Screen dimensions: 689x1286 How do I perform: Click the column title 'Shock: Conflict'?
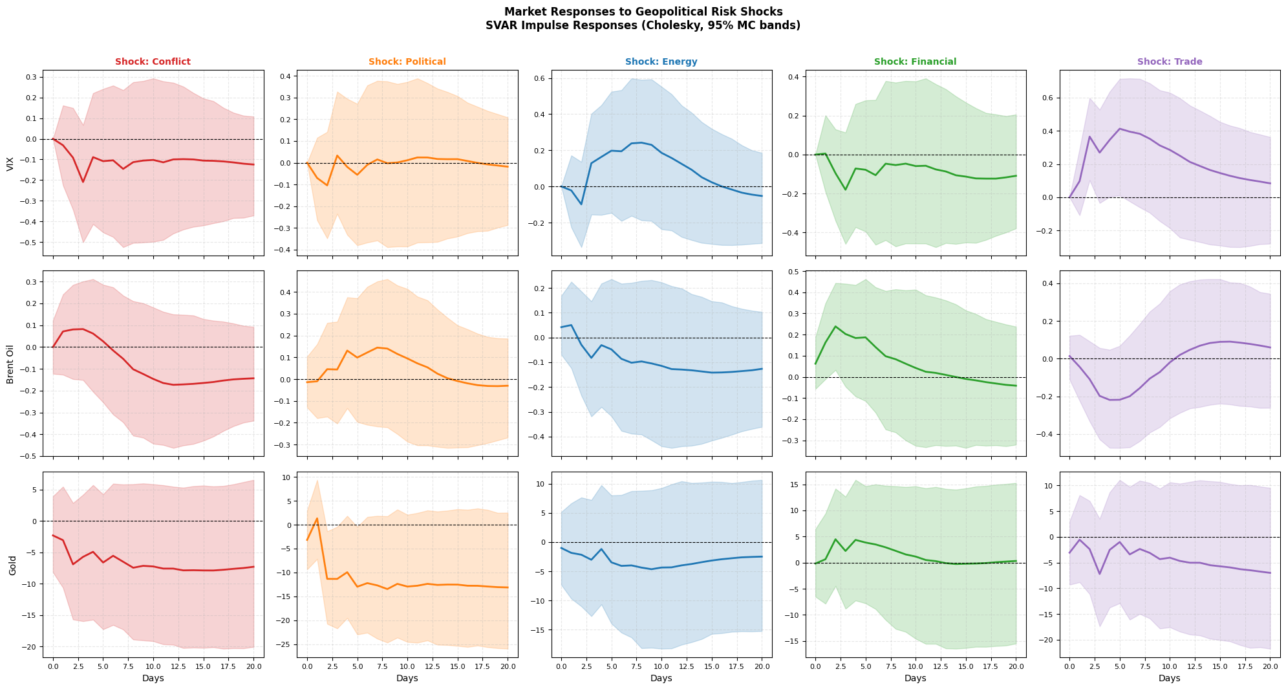pyautogui.click(x=153, y=62)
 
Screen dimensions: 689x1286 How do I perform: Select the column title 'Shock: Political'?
pyautogui.click(x=407, y=62)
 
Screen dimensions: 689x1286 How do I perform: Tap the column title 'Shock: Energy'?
pyautogui.click(x=661, y=62)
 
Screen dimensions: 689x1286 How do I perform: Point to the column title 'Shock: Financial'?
pyautogui.click(x=915, y=62)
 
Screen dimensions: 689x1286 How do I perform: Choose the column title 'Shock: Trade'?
pyautogui.click(x=1170, y=62)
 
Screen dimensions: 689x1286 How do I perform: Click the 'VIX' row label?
pyautogui.click(x=10, y=162)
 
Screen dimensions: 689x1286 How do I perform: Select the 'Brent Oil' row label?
pyautogui.click(x=10, y=363)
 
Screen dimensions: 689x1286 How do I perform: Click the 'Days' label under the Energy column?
pyautogui.click(x=661, y=678)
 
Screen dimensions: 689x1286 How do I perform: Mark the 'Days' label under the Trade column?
pyautogui.click(x=1170, y=678)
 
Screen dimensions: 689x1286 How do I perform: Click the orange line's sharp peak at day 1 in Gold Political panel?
pyautogui.click(x=317, y=518)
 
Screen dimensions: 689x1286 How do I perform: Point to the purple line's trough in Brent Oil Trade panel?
pyautogui.click(x=1114, y=400)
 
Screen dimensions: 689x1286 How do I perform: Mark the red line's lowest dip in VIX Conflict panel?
pyautogui.click(x=83, y=182)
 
